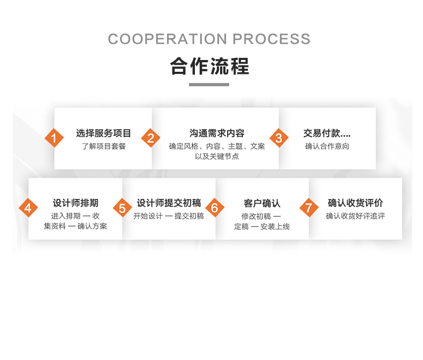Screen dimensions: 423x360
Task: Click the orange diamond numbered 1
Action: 54,138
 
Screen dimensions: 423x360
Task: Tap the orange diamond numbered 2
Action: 151,138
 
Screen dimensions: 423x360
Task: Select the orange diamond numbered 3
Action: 279,138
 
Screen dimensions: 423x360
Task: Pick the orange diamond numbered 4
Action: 28,208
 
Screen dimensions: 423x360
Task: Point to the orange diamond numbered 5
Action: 122,208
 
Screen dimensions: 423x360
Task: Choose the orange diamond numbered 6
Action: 215,208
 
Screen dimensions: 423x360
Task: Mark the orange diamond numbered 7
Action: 309,208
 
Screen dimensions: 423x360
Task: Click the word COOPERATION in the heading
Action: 168,39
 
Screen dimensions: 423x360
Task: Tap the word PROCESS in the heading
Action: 271,39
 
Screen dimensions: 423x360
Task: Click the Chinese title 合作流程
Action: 209,66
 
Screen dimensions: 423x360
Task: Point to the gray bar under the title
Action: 209,85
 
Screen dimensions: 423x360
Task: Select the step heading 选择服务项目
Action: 103,133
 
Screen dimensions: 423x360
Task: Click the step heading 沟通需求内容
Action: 217,133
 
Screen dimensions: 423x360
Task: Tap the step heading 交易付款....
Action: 321,133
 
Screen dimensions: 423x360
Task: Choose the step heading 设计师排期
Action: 75,203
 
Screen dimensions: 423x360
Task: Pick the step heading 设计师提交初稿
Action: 169,203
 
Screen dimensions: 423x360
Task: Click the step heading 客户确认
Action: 262,203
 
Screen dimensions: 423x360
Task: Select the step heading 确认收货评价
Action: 356,203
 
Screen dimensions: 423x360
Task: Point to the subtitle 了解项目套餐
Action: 104,146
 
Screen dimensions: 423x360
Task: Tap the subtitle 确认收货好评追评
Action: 356,216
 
